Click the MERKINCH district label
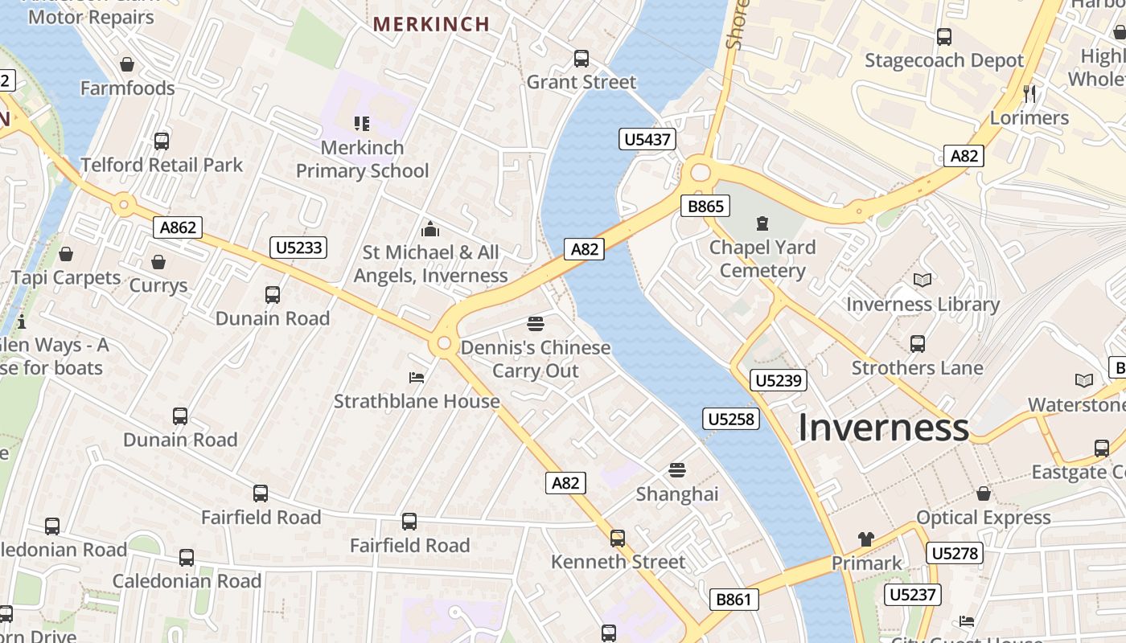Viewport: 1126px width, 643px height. click(432, 24)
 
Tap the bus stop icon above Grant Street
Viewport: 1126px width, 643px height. click(581, 59)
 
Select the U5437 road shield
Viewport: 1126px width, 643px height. click(647, 140)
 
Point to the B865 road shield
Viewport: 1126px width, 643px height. click(706, 207)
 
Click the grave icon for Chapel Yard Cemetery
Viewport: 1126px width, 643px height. click(762, 223)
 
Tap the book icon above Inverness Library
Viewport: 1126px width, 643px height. click(923, 280)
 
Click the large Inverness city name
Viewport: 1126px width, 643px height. click(883, 428)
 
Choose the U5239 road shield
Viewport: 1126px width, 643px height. click(779, 380)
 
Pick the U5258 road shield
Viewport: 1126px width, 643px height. click(731, 419)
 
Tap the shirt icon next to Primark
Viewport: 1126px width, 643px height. click(865, 539)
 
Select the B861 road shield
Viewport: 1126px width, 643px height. click(734, 599)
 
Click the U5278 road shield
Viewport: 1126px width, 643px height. click(954, 553)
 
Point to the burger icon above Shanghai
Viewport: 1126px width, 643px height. click(677, 469)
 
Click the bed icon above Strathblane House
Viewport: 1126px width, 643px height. click(416, 377)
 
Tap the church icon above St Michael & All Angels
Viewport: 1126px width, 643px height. click(430, 228)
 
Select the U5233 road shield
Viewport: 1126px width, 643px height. click(298, 248)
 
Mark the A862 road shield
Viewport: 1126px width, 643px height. click(178, 227)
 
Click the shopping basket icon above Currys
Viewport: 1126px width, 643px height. click(158, 262)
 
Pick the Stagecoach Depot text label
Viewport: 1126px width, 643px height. click(943, 61)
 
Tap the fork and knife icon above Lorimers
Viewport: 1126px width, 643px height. click(1029, 93)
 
